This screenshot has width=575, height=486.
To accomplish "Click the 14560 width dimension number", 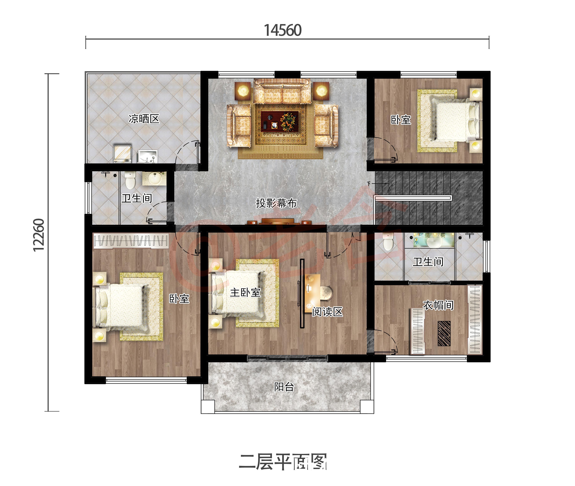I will (x=283, y=30).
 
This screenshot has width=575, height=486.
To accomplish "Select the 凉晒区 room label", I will (x=144, y=119).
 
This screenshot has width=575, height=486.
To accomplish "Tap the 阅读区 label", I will (x=327, y=312).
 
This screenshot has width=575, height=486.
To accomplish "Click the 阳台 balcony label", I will (x=284, y=387).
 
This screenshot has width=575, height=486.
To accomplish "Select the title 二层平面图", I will (x=283, y=462).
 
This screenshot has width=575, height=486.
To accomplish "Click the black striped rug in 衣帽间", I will (x=444, y=333).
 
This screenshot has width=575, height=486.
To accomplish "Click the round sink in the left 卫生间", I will (x=154, y=179).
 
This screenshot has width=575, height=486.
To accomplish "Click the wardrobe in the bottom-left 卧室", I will (x=131, y=241).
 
